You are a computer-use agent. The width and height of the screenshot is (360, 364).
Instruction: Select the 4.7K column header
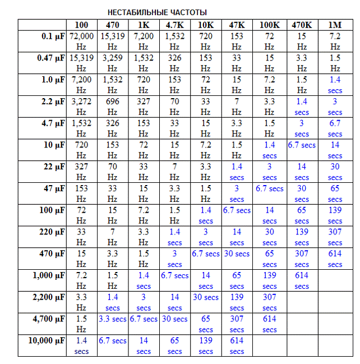pos(174,25)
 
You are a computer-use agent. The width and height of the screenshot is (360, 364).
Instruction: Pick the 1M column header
pos(335,25)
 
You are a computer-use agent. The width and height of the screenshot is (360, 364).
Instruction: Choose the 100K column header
pos(269,25)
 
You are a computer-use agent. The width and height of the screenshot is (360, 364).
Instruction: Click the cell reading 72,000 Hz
pos(81,41)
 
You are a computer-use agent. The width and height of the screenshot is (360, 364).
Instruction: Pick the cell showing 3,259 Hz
pos(112,63)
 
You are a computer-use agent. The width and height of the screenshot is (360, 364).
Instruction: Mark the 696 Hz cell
pos(112,106)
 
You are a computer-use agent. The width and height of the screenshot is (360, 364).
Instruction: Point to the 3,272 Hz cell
pos(81,106)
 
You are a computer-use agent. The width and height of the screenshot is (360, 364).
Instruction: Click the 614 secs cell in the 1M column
pos(335,259)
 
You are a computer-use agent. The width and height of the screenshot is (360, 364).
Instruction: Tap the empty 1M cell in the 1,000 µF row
pos(335,280)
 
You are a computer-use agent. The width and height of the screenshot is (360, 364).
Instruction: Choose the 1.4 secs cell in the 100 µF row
pos(206,215)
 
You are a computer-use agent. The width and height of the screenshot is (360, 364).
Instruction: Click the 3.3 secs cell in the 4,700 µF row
pos(112,319)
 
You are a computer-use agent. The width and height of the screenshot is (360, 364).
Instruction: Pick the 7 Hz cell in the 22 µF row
pos(174,172)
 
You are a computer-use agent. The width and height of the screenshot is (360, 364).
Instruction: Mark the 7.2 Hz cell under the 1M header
pos(335,41)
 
